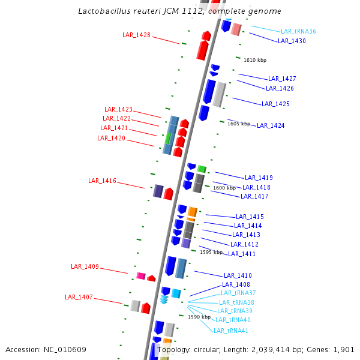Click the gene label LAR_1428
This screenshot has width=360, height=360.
pyautogui.click(x=136, y=35)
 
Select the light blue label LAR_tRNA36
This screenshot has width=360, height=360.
pyautogui.click(x=298, y=31)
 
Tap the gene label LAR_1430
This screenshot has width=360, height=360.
pyautogui.click(x=292, y=41)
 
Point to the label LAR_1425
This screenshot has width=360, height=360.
pyautogui.click(x=275, y=104)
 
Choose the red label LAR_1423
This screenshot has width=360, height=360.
pyautogui.click(x=118, y=109)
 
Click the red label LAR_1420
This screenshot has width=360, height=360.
pyautogui.click(x=111, y=138)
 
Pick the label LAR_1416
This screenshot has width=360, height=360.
pyautogui.click(x=102, y=181)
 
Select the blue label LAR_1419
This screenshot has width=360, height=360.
pyautogui.click(x=259, y=178)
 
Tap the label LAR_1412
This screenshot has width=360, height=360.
pyautogui.click(x=244, y=244)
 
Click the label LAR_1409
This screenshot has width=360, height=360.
pyautogui.click(x=85, y=266)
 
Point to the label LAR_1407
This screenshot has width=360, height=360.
pyautogui.click(x=79, y=297)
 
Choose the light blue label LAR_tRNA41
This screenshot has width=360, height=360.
pyautogui.click(x=231, y=331)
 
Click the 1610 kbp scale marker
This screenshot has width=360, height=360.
pyautogui.click(x=255, y=60)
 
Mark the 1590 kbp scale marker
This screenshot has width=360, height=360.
pyautogui.click(x=199, y=317)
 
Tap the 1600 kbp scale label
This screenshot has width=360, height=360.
pyautogui.click(x=224, y=188)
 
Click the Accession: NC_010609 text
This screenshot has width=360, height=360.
pyautogui.click(x=46, y=349)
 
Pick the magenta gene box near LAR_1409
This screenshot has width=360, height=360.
pyautogui.click(x=141, y=276)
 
